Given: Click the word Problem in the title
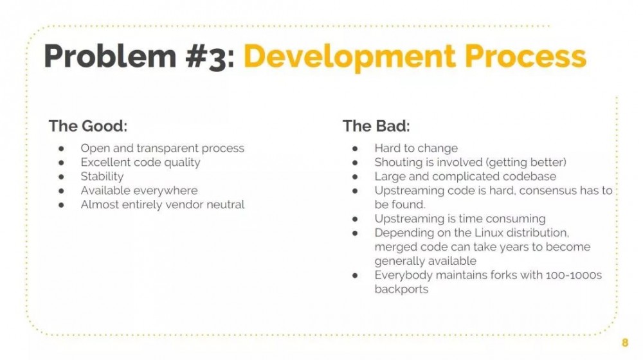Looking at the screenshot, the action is [110, 56].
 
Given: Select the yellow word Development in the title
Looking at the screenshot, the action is [349, 57].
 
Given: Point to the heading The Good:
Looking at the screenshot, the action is [87, 126].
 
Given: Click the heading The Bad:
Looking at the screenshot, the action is [376, 126].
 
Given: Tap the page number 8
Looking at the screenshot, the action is [625, 343].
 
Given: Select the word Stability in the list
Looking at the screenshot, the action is [102, 177].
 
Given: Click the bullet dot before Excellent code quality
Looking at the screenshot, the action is [62, 163].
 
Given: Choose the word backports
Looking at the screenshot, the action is [401, 289].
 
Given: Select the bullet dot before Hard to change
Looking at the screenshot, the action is [355, 149].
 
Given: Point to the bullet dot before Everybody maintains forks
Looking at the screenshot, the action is [355, 276].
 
